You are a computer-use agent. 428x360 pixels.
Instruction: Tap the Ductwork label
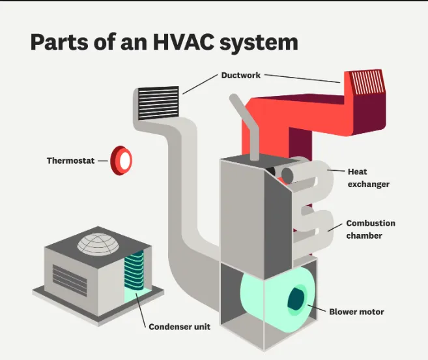pos(241,75)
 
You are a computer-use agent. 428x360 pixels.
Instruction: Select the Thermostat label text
pos(71,160)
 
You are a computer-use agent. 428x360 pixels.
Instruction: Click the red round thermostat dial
pos(122,160)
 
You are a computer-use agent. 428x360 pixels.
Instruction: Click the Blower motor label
pos(356,312)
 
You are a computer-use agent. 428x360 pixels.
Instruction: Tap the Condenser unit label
pos(179,327)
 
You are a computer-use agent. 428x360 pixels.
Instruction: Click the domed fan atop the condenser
pos(100,243)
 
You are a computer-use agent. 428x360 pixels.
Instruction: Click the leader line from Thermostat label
pos(103,160)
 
